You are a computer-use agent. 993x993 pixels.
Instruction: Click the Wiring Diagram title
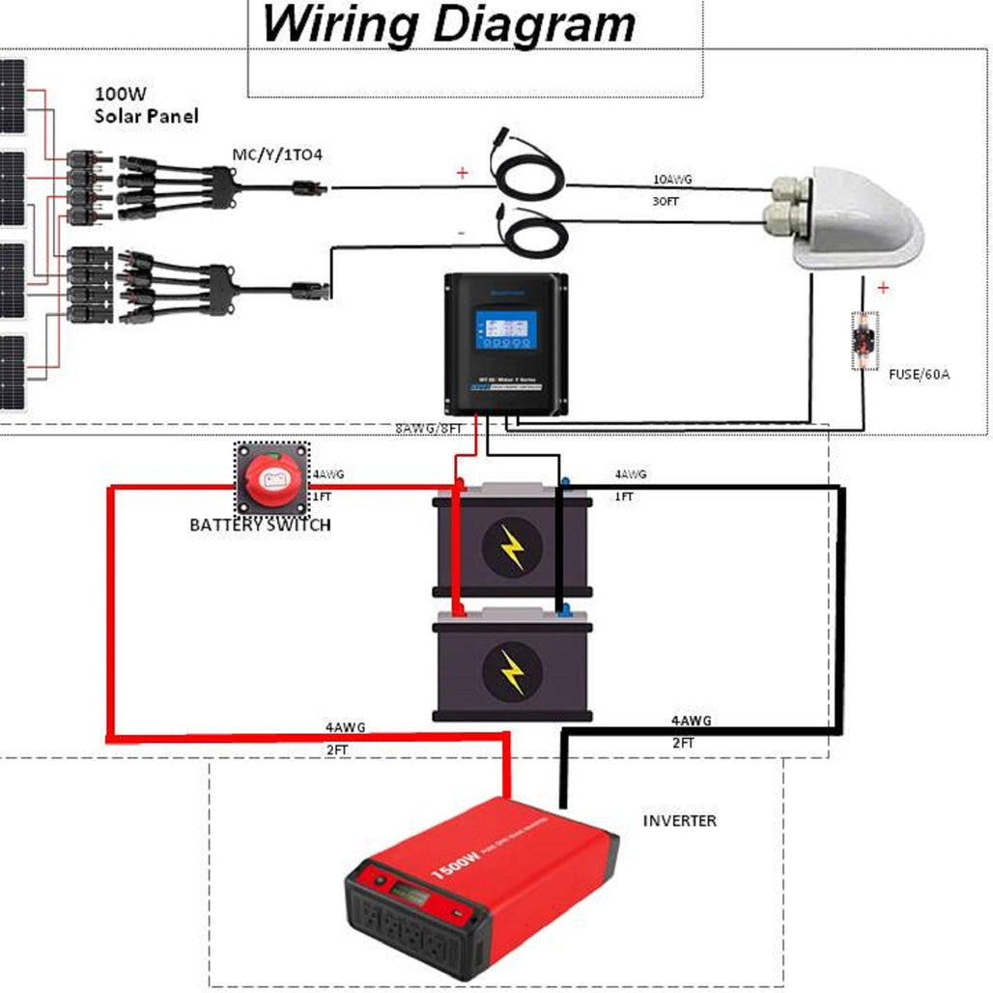tap(449, 24)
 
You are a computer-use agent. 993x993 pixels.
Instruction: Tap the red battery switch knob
tap(273, 479)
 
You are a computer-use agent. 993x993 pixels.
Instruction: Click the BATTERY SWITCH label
tap(260, 525)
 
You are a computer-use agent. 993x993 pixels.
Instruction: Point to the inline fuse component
tap(863, 340)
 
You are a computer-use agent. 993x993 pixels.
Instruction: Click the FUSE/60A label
tap(918, 373)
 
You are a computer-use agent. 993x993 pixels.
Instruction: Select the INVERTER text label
tap(680, 821)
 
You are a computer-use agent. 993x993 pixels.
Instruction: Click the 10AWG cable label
tap(672, 181)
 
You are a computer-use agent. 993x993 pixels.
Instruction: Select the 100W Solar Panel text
tap(146, 105)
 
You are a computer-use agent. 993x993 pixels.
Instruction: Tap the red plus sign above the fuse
tap(882, 288)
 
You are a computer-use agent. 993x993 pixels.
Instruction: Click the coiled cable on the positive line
tap(528, 176)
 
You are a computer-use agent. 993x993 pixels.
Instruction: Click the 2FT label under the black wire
tap(683, 743)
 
